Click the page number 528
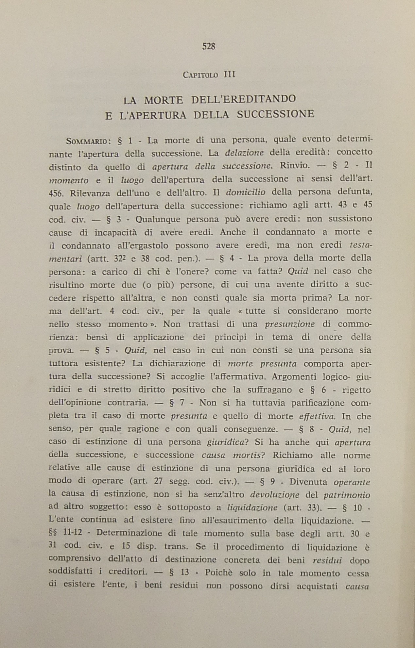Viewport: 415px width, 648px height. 209,46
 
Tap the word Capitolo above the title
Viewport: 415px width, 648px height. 200,75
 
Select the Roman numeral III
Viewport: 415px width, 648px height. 230,75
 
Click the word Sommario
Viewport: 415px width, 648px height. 86,142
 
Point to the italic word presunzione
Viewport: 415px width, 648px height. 290,324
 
